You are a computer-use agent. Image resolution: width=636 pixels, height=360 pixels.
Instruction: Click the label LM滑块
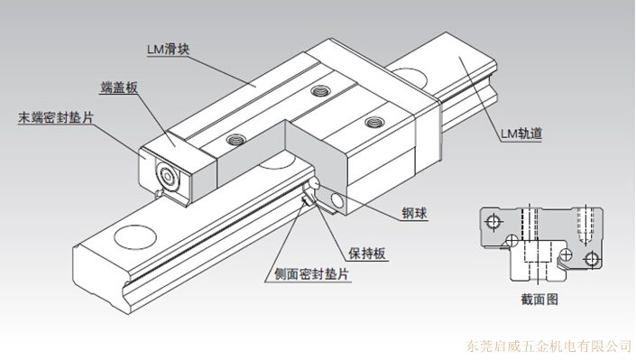168,50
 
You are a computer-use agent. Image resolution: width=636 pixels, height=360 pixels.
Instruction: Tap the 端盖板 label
119,88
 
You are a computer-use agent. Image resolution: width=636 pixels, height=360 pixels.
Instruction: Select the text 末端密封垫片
56,117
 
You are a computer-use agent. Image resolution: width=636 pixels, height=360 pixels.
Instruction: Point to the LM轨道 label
521,134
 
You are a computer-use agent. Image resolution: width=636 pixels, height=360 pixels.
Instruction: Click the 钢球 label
415,213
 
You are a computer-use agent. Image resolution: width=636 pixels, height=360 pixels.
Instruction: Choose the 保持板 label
367,254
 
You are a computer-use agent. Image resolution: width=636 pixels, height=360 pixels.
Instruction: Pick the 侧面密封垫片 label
311,274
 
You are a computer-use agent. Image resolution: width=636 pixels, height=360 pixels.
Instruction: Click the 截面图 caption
539,300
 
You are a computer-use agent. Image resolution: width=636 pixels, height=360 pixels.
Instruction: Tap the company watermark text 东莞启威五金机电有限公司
548,346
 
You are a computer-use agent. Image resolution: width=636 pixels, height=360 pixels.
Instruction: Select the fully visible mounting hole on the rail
135,236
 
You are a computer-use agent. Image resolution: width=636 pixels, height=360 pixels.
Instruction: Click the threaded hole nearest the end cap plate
235,140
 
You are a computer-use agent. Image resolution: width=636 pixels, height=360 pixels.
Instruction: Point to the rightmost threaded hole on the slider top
374,121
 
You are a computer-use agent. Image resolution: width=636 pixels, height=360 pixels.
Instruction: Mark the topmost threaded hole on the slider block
319,90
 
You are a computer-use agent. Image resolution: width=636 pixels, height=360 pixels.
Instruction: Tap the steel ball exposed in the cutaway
314,184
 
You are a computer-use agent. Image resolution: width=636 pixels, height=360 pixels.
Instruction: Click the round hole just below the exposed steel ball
337,200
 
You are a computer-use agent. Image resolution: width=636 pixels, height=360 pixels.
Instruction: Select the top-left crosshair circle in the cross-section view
493,222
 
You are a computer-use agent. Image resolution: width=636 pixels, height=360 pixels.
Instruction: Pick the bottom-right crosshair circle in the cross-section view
592,258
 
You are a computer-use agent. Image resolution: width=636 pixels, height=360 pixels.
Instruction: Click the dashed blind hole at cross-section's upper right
585,226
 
